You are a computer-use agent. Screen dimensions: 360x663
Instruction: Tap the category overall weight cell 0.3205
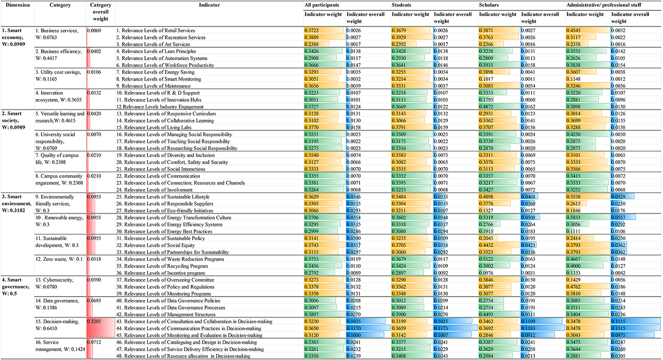(95, 321)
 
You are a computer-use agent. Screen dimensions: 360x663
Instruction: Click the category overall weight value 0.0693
(95, 301)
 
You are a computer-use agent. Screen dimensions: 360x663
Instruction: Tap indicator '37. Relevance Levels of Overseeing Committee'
(158, 279)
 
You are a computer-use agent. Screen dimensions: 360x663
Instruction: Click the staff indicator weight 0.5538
(574, 196)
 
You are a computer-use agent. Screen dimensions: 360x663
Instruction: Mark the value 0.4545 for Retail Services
(574, 30)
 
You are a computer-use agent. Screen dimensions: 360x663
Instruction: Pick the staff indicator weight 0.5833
(574, 217)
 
